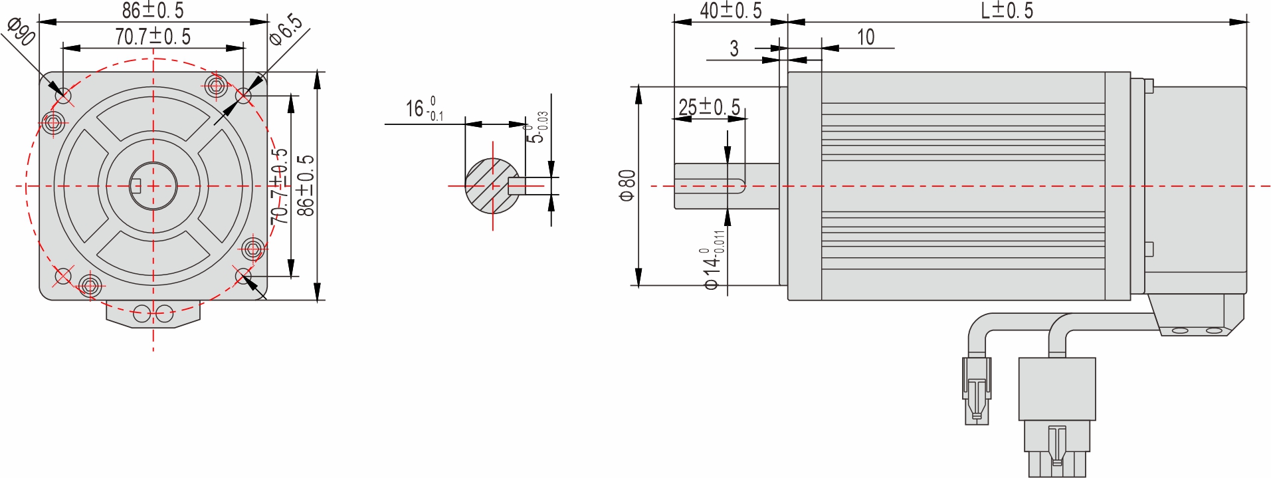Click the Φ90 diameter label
click(x=22, y=32)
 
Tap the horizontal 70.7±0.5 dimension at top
click(x=153, y=37)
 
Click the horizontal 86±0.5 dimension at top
click(x=153, y=10)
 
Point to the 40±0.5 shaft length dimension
click(x=730, y=10)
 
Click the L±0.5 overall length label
click(x=1007, y=10)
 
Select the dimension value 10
click(x=865, y=37)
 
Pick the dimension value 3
click(x=733, y=49)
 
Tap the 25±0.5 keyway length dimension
click(x=709, y=106)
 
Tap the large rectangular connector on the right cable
click(x=1056, y=389)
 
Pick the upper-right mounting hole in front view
click(x=243, y=96)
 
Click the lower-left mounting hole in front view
click(x=62, y=275)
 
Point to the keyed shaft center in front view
click(x=153, y=186)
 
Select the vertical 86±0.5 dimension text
click(x=306, y=185)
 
